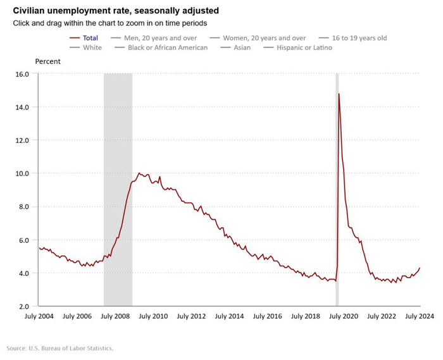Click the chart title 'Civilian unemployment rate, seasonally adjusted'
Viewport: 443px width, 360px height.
click(116, 11)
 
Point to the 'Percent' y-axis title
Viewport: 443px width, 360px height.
click(47, 61)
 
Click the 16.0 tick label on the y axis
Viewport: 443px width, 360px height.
click(22, 74)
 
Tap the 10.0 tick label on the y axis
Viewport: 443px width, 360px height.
click(22, 173)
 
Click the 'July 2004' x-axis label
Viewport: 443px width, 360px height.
click(39, 316)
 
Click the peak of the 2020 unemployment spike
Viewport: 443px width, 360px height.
click(339, 94)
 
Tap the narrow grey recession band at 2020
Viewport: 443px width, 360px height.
click(337, 190)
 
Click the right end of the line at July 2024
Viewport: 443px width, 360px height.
click(420, 268)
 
